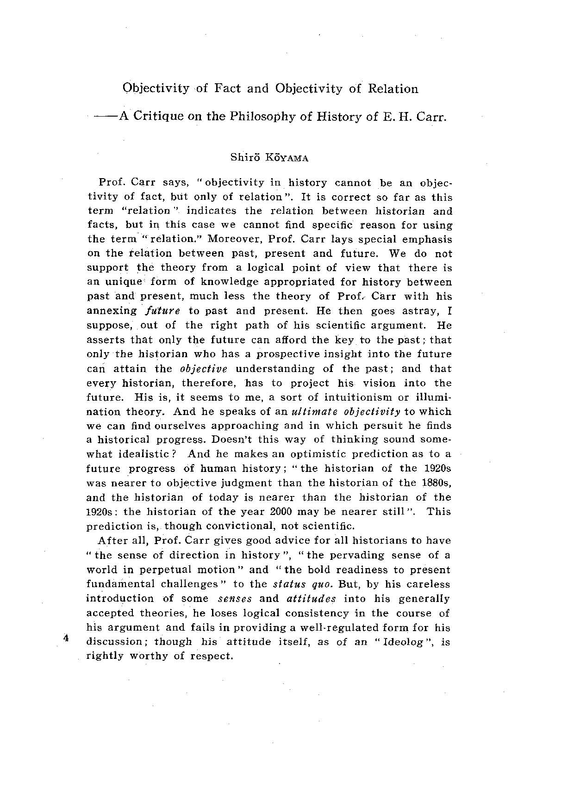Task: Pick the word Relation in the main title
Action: pos(393,88)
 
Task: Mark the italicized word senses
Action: pos(235,599)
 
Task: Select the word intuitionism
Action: pos(362,397)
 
